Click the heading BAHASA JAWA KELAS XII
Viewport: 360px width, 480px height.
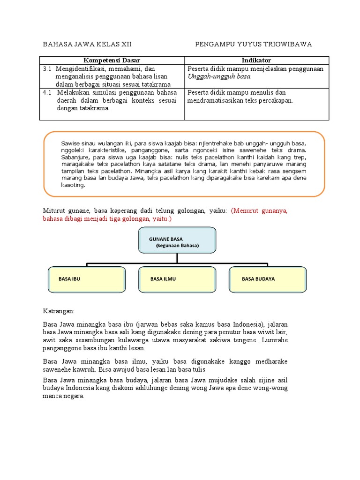click(87, 45)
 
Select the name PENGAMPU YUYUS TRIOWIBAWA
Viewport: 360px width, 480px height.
click(254, 45)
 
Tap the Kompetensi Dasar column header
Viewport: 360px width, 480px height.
click(112, 60)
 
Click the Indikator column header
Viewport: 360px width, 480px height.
click(256, 60)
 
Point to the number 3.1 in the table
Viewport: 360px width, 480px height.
click(47, 69)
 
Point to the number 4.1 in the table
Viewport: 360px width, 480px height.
click(47, 92)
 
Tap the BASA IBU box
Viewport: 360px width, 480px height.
click(87, 279)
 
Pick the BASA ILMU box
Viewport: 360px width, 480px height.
click(177, 279)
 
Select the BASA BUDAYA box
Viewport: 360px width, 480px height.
click(268, 279)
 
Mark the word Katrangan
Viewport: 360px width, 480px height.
click(59, 311)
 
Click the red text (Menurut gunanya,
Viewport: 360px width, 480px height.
click(259, 211)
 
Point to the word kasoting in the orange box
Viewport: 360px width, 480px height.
click(73, 185)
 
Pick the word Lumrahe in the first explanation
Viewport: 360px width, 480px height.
click(275, 340)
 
